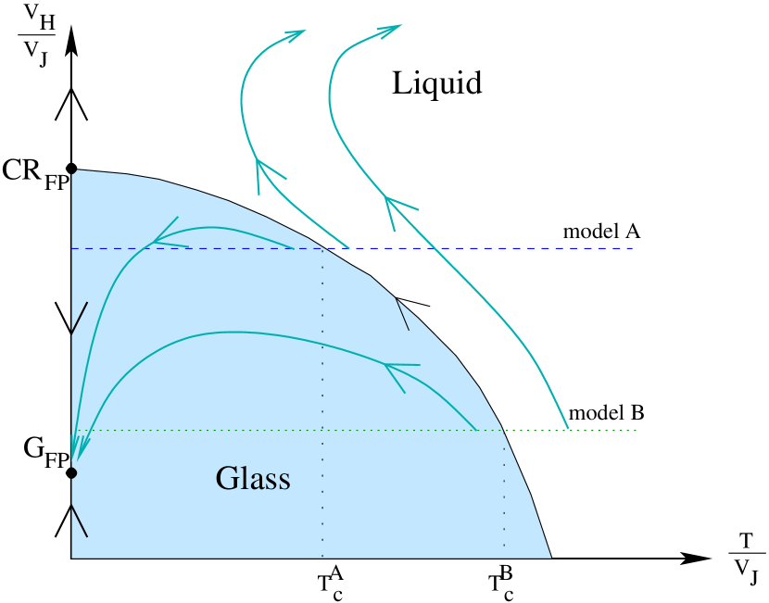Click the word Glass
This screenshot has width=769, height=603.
pyautogui.click(x=253, y=479)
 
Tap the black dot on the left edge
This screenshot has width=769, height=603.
pyautogui.click(x=70, y=473)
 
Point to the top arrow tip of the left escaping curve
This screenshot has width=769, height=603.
pyautogui.click(x=303, y=31)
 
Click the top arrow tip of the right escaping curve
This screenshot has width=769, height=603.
pyautogui.click(x=400, y=26)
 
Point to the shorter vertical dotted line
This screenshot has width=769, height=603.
pyautogui.click(x=504, y=491)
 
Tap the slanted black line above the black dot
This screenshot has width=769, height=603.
pyautogui.click(x=79, y=319)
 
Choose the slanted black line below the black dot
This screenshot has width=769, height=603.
pyautogui.click(x=79, y=521)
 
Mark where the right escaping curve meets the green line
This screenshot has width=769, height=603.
pyautogui.click(x=568, y=431)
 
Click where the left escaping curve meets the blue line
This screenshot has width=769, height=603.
pyautogui.click(x=348, y=248)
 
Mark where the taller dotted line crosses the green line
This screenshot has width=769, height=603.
pyautogui.click(x=322, y=431)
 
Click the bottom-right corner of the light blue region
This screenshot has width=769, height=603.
pyautogui.click(x=551, y=558)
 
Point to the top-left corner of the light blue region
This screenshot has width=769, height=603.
pyautogui.click(x=74, y=171)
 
